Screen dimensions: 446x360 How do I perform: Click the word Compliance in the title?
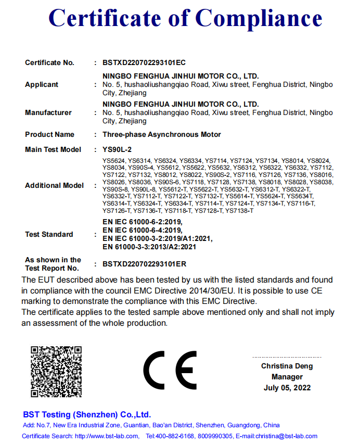coord(259,19)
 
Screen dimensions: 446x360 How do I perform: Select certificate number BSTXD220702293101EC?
coord(144,63)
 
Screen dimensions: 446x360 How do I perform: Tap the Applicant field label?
coord(42,84)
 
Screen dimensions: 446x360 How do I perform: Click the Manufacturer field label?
coord(48,112)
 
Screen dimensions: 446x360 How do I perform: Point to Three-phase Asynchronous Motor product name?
coord(162,134)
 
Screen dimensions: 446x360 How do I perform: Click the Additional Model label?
coord(54,185)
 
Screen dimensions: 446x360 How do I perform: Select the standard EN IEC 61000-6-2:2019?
coord(143,222)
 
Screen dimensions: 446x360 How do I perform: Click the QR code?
coord(56,371)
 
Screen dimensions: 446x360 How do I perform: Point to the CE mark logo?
coord(170,371)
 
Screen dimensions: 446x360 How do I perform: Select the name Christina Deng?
coord(287,366)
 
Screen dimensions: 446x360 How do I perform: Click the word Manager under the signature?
coord(287,377)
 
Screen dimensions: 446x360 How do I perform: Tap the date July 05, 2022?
coord(287,388)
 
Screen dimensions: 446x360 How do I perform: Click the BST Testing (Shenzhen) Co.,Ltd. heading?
coord(87,415)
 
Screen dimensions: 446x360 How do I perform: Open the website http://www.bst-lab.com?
coord(107,436)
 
